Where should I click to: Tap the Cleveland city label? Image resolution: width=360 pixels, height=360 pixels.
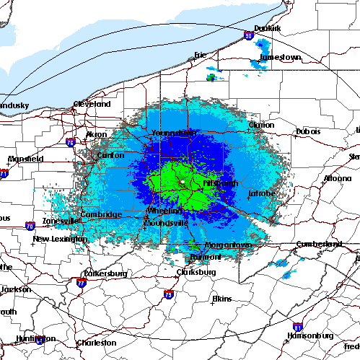pyautogui.click(x=92, y=104)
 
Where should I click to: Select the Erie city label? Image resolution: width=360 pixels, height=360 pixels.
pyautogui.click(x=201, y=55)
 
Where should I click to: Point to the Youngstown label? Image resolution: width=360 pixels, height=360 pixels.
pyautogui.click(x=173, y=133)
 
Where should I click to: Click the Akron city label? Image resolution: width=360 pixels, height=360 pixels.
pyautogui.click(x=96, y=134)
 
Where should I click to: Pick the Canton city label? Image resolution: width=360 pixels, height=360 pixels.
pyautogui.click(x=110, y=155)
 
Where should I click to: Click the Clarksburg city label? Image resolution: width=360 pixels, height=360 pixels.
pyautogui.click(x=196, y=272)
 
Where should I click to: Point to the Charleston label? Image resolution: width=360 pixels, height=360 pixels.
pyautogui.click(x=97, y=343)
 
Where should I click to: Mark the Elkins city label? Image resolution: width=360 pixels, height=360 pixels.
pyautogui.click(x=221, y=298)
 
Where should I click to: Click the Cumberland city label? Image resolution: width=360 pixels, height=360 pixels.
pyautogui.click(x=318, y=244)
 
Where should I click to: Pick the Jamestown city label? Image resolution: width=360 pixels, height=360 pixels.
pyautogui.click(x=280, y=57)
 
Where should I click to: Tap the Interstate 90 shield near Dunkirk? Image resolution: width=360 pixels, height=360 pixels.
pyautogui.click(x=248, y=34)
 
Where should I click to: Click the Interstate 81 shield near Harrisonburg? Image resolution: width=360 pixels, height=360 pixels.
pyautogui.click(x=297, y=327)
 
